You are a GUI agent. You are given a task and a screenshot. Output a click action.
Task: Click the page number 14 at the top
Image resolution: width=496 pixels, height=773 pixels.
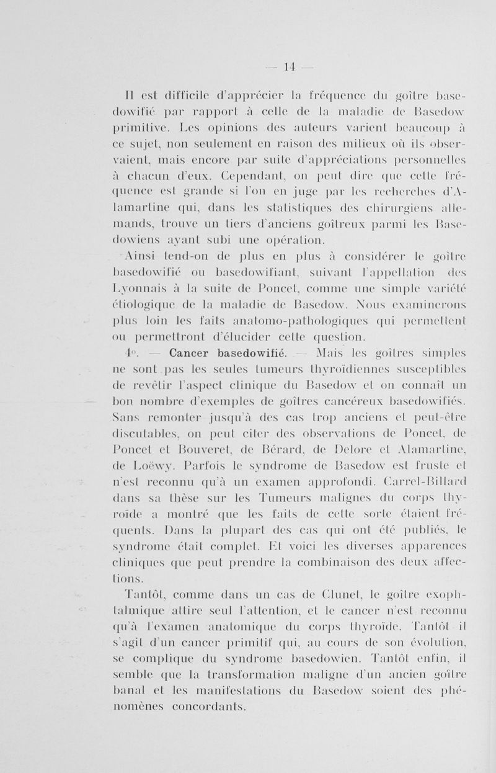click(289, 66)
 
